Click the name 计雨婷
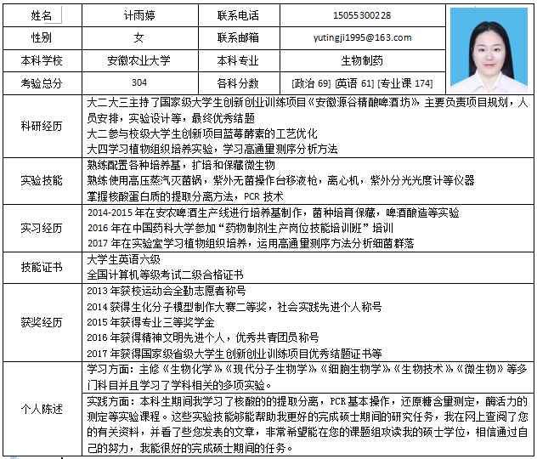(138, 15)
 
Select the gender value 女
(138, 37)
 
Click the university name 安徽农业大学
(138, 61)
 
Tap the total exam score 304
(138, 82)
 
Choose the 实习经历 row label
(42, 228)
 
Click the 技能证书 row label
(42, 267)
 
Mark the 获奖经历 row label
(42, 322)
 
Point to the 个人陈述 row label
(42, 409)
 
